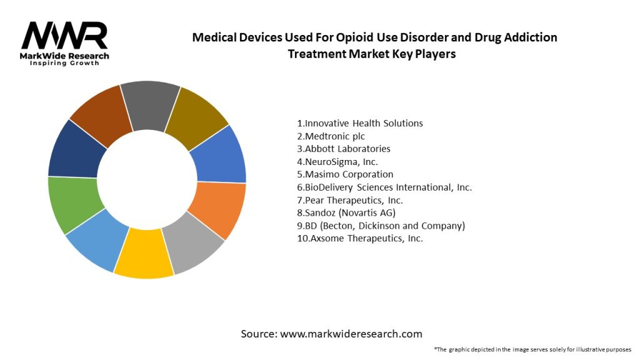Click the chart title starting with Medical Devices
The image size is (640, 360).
pos(374,45)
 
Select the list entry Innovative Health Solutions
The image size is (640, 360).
pos(360,123)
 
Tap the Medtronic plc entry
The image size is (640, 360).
pos(331,136)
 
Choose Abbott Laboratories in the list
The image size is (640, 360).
pos(344,149)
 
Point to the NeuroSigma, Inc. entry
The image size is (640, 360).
pos(337,162)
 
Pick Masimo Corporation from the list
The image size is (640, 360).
pos(345,174)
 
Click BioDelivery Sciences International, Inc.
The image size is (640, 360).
pos(384,187)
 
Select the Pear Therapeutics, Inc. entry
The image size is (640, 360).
pos(350,200)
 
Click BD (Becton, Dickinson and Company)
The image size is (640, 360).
pos(381,226)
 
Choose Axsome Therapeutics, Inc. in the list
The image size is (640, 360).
pos(360,239)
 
